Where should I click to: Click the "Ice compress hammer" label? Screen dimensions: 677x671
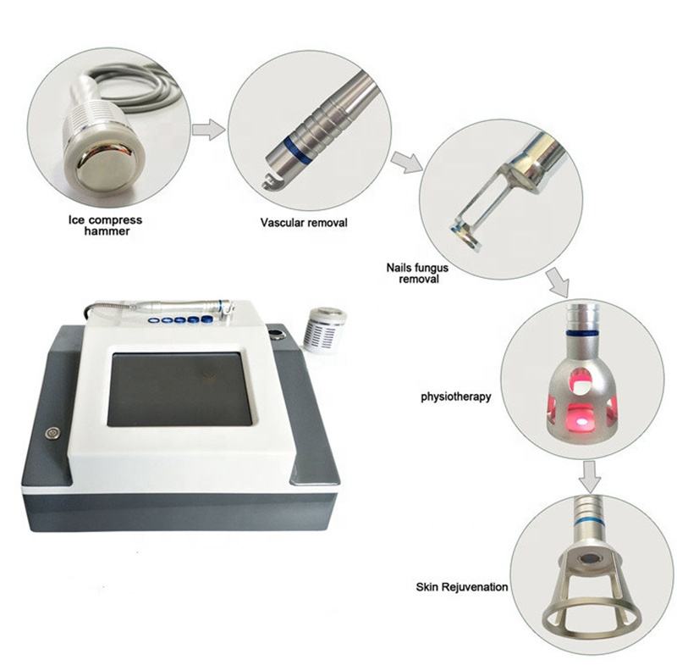coord(105,225)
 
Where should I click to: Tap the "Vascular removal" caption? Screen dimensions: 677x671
coord(304,223)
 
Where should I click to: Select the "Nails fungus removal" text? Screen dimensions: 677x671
coord(417,274)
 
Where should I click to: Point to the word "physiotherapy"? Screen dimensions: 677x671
coord(456,396)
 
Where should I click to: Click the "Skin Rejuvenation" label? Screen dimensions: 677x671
coord(461,587)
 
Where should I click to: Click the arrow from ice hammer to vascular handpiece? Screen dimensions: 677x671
coord(208,130)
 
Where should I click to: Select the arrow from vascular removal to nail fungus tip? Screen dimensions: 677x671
coord(407,162)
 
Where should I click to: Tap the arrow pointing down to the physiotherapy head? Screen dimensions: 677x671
coord(558,282)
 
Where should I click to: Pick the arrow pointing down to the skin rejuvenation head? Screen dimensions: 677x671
coord(589,476)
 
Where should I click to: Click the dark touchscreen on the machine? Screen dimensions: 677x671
coord(179,389)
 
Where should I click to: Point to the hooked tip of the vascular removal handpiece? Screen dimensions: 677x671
coord(268,181)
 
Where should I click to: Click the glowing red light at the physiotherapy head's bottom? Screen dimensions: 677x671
coord(581,421)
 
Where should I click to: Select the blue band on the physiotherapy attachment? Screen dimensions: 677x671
coord(582,332)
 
